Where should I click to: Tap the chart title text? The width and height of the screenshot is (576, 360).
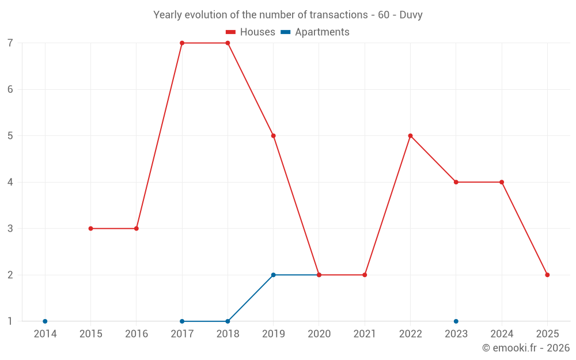pyautogui.click(x=288, y=15)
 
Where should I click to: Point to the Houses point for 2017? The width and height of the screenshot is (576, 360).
pyautogui.click(x=182, y=43)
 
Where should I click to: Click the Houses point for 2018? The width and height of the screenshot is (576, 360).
pyautogui.click(x=228, y=43)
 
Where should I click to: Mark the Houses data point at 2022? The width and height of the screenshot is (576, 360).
pyautogui.click(x=410, y=136)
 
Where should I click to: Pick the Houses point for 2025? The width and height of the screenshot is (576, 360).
pyautogui.click(x=547, y=275)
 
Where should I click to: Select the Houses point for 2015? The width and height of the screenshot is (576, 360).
pyautogui.click(x=90, y=229)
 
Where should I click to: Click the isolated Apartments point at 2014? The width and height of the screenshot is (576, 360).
pyautogui.click(x=45, y=321)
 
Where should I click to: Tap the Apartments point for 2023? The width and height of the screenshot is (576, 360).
pyautogui.click(x=456, y=321)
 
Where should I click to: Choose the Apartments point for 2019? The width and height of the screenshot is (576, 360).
pyautogui.click(x=273, y=275)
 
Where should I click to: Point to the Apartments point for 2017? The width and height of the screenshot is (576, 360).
pyautogui.click(x=182, y=321)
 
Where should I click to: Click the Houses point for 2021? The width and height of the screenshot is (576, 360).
pyautogui.click(x=365, y=275)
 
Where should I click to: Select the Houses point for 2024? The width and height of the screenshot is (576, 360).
pyautogui.click(x=502, y=182)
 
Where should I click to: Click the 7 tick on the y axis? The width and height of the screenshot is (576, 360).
pyautogui.click(x=10, y=43)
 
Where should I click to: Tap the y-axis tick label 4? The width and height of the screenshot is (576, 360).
pyautogui.click(x=10, y=182)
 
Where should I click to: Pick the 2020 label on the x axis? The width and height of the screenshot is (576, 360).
pyautogui.click(x=319, y=334)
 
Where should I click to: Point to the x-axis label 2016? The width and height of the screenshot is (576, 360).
pyautogui.click(x=137, y=334)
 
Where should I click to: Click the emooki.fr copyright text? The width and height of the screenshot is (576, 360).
pyautogui.click(x=526, y=348)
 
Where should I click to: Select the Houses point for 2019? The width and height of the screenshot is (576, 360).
pyautogui.click(x=273, y=136)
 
